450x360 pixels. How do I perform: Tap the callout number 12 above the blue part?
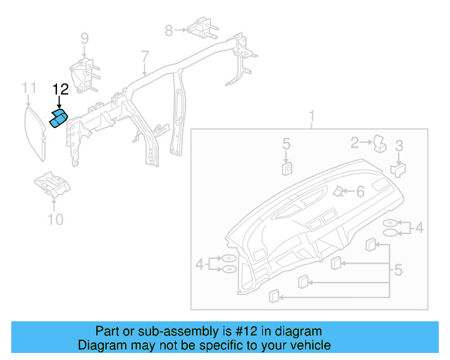pos(60,89)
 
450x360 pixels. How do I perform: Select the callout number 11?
pos(28,87)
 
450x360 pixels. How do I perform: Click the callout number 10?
pos(55,219)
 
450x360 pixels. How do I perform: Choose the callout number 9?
pos(84,38)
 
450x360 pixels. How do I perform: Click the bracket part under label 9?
pos(84,76)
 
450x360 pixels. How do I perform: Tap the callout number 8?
pos(169,30)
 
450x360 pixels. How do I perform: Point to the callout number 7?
pos(145,56)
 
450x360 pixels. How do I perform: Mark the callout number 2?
pos(355,143)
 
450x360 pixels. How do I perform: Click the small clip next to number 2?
pos(380,143)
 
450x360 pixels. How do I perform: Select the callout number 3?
pos(399,146)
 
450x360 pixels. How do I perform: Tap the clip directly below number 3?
pos(399,169)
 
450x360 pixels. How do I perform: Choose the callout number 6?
pos(359,191)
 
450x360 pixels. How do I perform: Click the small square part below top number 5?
pos(287,167)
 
